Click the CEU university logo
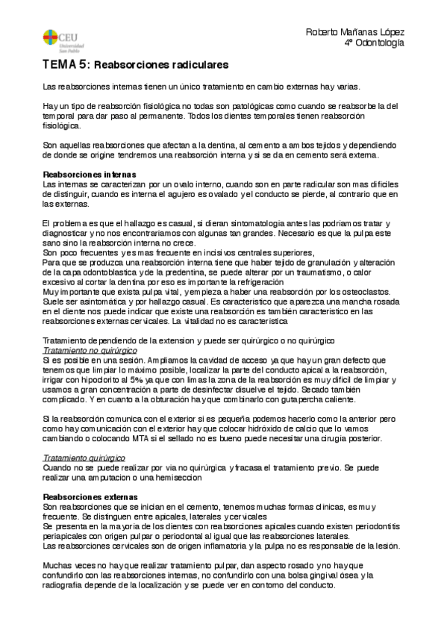click(x=59, y=35)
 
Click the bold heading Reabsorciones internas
click(x=88, y=173)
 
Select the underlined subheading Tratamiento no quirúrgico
click(x=90, y=350)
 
